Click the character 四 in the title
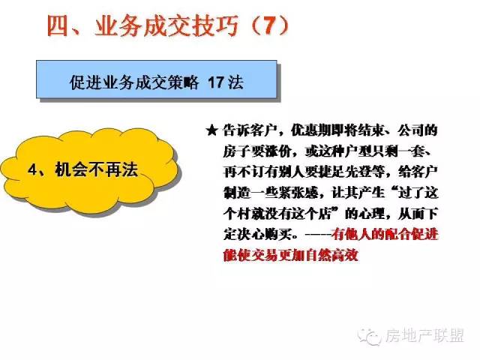coord(58,25)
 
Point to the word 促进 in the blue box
coord(85,82)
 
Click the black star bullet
coord(211,130)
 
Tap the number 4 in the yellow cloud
coord(33,169)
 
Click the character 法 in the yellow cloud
coord(130,169)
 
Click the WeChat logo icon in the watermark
coord(370,337)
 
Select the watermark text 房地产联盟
coord(424,336)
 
